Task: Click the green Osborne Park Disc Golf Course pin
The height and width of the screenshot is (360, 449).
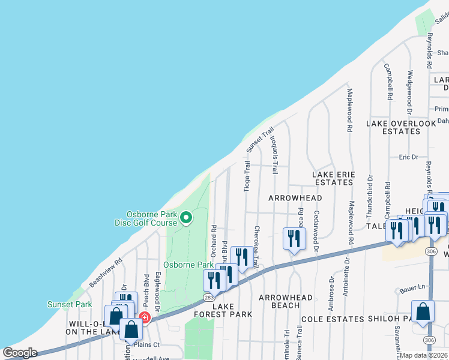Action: tap(186, 217)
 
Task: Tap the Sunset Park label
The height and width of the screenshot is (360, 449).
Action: tap(70, 304)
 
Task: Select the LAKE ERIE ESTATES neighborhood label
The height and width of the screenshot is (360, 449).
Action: tap(333, 178)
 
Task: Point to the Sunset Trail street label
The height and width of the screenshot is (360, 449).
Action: tap(259, 139)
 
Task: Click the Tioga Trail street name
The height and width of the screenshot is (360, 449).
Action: tap(247, 176)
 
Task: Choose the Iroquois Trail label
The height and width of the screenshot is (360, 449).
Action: tap(274, 154)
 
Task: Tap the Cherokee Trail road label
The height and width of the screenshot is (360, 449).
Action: tap(256, 246)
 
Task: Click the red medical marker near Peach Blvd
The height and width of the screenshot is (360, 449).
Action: tap(144, 317)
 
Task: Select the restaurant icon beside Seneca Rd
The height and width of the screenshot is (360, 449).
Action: tap(294, 238)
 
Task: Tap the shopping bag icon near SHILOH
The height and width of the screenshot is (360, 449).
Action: tap(423, 312)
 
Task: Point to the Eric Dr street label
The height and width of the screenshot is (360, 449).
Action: tap(408, 157)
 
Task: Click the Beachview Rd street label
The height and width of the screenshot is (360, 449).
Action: tap(106, 272)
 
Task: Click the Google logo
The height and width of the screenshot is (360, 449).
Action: tap(20, 353)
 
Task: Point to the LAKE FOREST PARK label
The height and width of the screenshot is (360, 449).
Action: tap(223, 310)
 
